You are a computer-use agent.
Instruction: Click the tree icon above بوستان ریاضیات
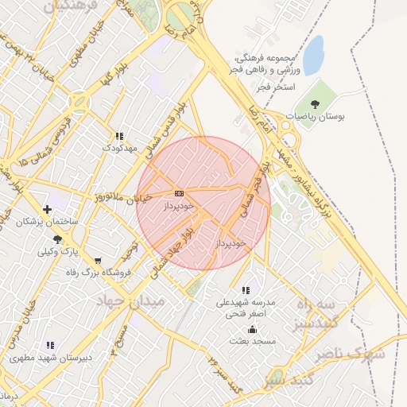tap(316, 103)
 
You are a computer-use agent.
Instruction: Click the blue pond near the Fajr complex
tap(314, 55)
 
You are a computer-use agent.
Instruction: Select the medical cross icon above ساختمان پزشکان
tap(48, 210)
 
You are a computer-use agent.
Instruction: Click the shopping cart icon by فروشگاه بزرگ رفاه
tap(98, 261)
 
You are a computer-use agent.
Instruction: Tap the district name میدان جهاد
tap(129, 302)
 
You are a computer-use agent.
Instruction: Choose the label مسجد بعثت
tap(252, 341)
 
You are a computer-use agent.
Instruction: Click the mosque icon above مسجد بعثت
tap(253, 330)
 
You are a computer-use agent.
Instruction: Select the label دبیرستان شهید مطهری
tap(51, 357)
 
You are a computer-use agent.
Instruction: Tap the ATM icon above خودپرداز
tap(178, 193)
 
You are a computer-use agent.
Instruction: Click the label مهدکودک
tap(120, 148)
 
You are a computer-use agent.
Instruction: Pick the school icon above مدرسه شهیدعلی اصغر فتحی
tap(246, 291)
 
